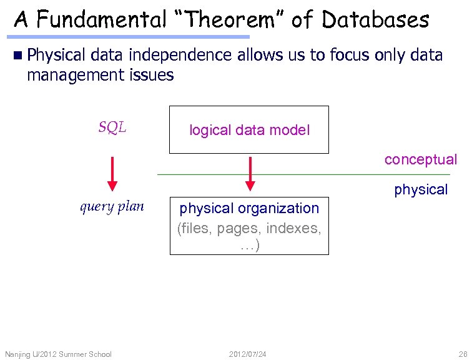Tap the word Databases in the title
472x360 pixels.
375,20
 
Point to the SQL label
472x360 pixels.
112,128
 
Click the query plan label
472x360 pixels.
112,207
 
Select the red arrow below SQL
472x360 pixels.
112,173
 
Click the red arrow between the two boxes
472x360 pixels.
250,173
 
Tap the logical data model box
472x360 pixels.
249,130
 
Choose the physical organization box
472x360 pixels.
249,226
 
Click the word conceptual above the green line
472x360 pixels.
420,159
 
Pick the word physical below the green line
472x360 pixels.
420,189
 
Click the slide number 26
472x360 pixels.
462,354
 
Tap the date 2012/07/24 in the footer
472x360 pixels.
248,354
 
